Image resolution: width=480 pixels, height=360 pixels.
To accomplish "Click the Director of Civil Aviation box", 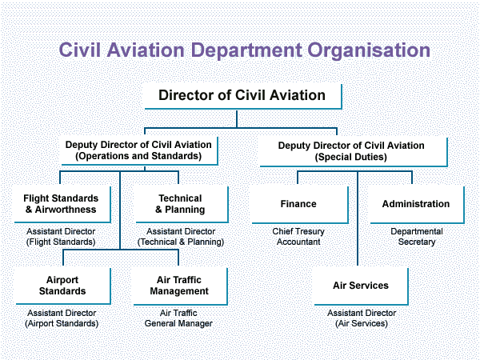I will click(242, 95).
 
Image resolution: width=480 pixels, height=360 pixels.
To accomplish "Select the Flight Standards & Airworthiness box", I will click(60, 204).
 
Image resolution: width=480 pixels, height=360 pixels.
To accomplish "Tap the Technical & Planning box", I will click(180, 204).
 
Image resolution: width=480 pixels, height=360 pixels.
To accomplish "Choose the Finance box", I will click(298, 204).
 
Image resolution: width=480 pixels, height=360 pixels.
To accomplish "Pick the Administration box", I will click(416, 204).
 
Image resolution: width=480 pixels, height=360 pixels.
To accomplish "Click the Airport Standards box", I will click(62, 286).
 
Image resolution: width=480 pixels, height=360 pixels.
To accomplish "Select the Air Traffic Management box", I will click(180, 286).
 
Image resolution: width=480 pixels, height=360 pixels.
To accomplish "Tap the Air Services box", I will click(361, 286).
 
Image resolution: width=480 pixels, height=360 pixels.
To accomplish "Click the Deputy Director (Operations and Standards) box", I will click(138, 150).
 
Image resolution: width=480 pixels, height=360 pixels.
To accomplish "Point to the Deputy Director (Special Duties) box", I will click(351, 151).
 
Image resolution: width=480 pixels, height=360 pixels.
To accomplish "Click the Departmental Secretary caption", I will click(416, 236).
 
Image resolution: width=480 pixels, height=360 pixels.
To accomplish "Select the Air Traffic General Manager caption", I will click(179, 318).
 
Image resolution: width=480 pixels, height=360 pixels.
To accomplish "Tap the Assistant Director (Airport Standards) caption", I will click(62, 318).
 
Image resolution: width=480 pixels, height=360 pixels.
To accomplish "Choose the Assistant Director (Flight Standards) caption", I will click(60, 236).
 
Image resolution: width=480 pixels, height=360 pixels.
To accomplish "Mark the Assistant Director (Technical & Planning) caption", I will click(180, 236).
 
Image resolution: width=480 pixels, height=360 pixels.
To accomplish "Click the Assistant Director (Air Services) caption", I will click(361, 318).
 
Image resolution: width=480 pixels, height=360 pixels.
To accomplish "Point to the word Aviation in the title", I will click(147, 50).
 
